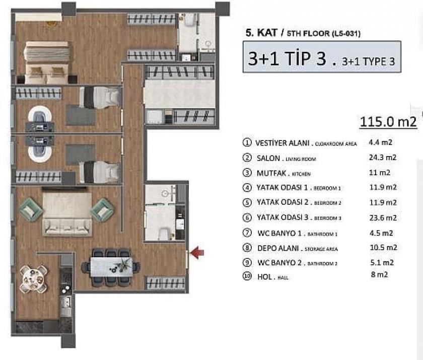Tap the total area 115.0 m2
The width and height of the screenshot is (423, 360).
coord(388,122)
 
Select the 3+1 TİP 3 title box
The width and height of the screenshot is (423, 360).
coord(321,57)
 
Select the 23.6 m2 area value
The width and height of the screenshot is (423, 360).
coord(383,218)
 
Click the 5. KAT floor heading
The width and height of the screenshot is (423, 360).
coord(257,34)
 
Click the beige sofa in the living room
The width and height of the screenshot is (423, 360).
coord(66,213)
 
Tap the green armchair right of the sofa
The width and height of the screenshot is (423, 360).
coord(102,209)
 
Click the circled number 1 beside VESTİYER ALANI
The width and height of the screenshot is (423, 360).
coord(247,143)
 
